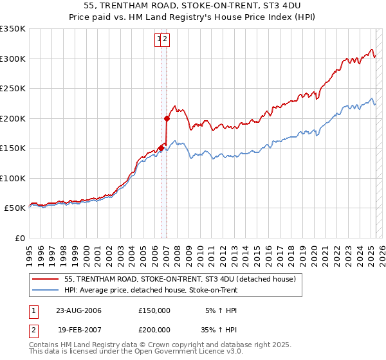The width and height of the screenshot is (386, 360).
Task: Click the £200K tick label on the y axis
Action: [x=12, y=118]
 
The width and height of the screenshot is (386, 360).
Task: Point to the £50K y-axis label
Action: [x=15, y=208]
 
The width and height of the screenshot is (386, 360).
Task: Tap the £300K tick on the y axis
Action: [x=12, y=59]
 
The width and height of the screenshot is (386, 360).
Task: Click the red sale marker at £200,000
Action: [x=167, y=118]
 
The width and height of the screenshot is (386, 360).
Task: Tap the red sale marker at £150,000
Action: [x=161, y=148]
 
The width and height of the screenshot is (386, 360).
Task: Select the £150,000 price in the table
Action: [x=154, y=310]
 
